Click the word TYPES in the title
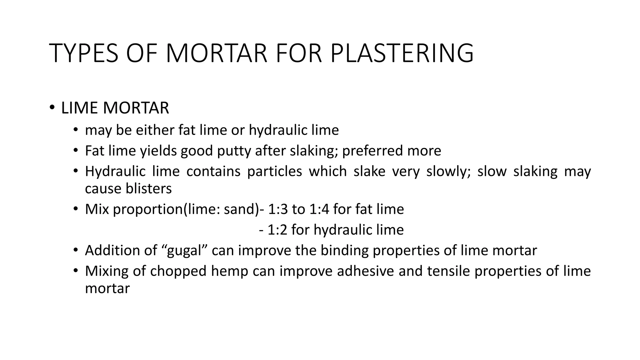point(84,53)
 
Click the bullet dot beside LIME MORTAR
point(52,108)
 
